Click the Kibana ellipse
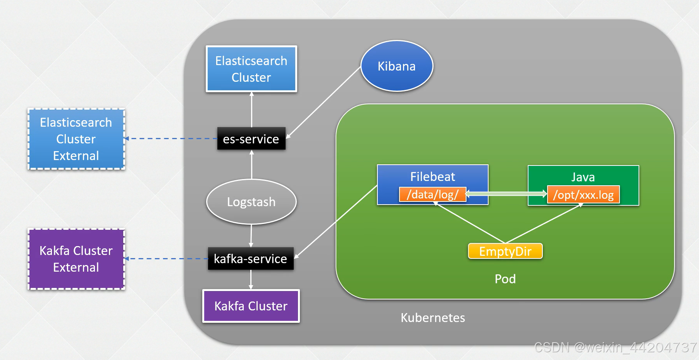tap(396, 66)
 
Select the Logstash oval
tap(251, 202)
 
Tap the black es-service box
tap(251, 139)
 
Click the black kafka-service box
tap(251, 259)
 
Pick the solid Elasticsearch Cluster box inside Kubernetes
tap(251, 69)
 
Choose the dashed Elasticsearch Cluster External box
tap(76, 139)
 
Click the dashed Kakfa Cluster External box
tap(76, 259)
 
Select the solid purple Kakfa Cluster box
tap(251, 306)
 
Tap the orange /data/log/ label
tap(432, 195)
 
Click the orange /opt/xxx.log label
tap(583, 195)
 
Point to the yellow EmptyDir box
tap(505, 251)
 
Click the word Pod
tap(505, 279)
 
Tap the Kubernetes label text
tap(432, 318)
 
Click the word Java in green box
tap(583, 177)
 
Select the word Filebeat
tap(432, 177)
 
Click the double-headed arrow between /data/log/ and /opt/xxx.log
tap(506, 193)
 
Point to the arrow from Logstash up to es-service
tap(251, 165)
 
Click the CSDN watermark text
tap(615, 347)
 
